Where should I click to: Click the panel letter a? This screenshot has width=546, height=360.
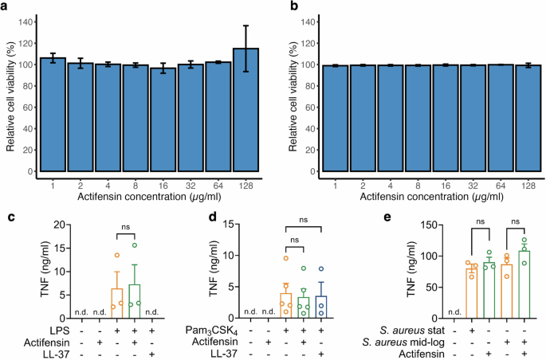[6, 7]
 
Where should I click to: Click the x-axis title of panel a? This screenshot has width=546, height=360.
[152, 195]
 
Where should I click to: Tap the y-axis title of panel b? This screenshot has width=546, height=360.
[296, 96]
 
